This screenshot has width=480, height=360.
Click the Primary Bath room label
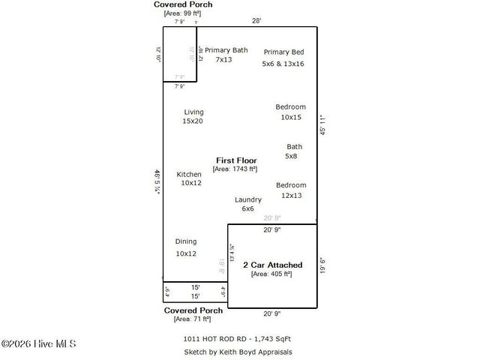(x=226, y=50)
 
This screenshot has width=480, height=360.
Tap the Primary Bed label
(x=283, y=52)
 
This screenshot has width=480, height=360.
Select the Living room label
(x=193, y=112)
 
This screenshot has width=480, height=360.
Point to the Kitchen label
(x=189, y=174)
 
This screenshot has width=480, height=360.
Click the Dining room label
(x=186, y=241)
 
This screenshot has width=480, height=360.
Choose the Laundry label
(x=247, y=199)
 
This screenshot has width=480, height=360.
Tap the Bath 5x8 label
(x=294, y=147)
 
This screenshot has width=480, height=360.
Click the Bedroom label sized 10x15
(x=290, y=107)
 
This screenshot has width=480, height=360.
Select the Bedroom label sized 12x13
(x=290, y=185)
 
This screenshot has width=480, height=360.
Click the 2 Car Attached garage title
(x=272, y=265)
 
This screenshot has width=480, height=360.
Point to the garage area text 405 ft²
(x=271, y=274)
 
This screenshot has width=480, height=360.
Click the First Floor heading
(x=236, y=160)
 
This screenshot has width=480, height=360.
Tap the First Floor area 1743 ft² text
(x=235, y=169)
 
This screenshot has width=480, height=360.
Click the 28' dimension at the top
(x=256, y=21)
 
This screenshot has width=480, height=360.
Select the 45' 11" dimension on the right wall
(x=323, y=124)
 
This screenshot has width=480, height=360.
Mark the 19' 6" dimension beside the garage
(x=323, y=266)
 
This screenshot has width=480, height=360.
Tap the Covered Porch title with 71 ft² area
(x=193, y=310)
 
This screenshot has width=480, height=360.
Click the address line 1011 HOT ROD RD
(x=237, y=339)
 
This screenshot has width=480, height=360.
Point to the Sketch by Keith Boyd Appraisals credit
(x=237, y=352)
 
